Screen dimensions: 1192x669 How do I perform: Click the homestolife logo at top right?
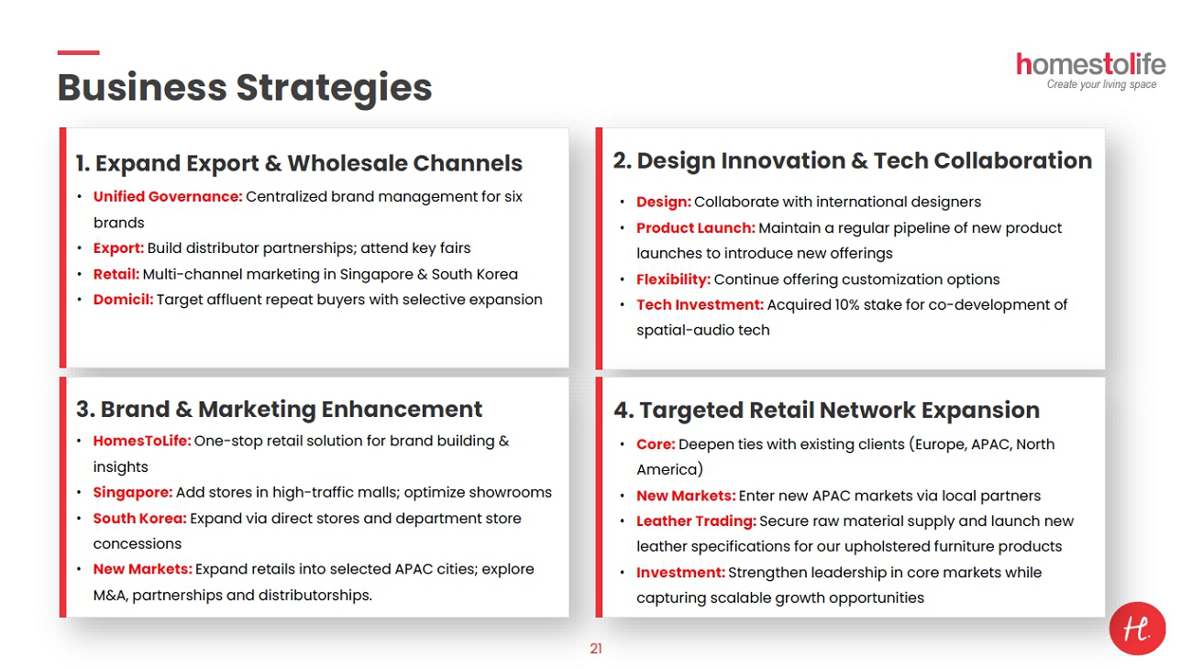(1090, 71)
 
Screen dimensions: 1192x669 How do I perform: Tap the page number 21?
(596, 649)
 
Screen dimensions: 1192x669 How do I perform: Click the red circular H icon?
(1137, 628)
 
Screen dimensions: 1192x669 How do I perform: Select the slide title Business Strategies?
(245, 88)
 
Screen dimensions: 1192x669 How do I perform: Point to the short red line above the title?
(78, 52)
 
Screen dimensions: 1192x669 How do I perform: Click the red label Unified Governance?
(168, 197)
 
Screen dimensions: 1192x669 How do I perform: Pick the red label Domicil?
(123, 300)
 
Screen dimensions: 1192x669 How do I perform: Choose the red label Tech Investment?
(700, 305)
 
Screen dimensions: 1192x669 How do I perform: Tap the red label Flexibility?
(673, 280)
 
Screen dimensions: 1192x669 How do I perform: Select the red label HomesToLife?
(142, 441)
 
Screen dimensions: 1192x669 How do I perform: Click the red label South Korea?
(140, 518)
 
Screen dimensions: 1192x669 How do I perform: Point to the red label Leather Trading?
(696, 521)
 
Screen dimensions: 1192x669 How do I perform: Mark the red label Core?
(656, 444)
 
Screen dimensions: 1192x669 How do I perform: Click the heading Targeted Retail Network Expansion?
(826, 410)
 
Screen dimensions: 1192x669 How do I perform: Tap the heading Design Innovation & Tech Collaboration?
(853, 160)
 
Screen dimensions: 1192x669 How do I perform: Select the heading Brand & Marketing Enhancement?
(279, 409)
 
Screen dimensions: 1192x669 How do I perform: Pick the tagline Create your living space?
(1101, 84)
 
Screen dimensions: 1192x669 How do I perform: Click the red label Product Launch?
(696, 228)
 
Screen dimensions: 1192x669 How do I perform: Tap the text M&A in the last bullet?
(110, 595)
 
